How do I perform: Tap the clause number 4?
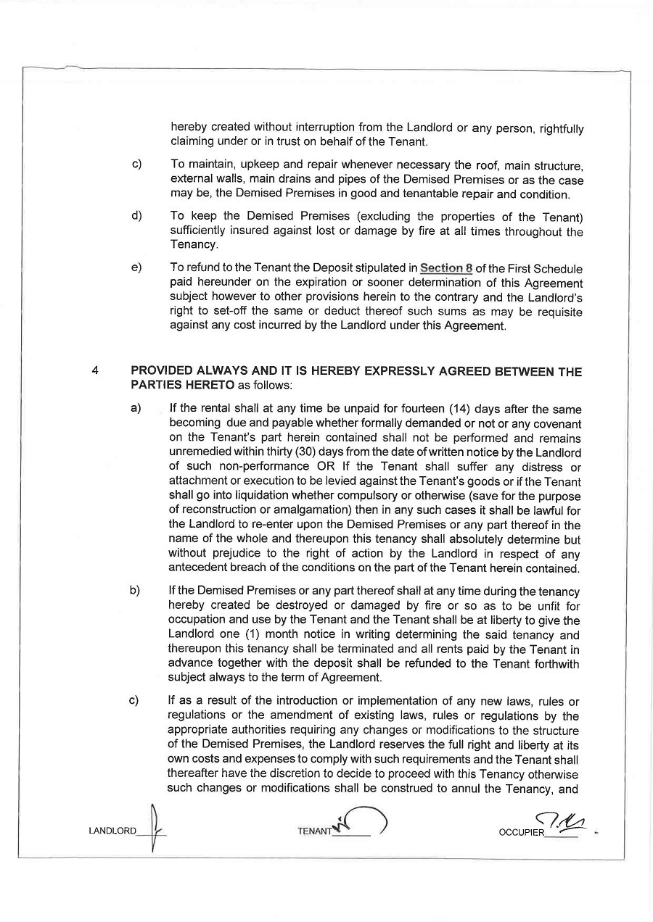tap(95, 372)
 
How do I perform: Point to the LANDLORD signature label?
tap(112, 831)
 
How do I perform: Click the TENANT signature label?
tap(313, 831)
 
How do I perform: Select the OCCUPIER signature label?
tap(521, 832)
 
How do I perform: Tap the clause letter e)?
tap(136, 268)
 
